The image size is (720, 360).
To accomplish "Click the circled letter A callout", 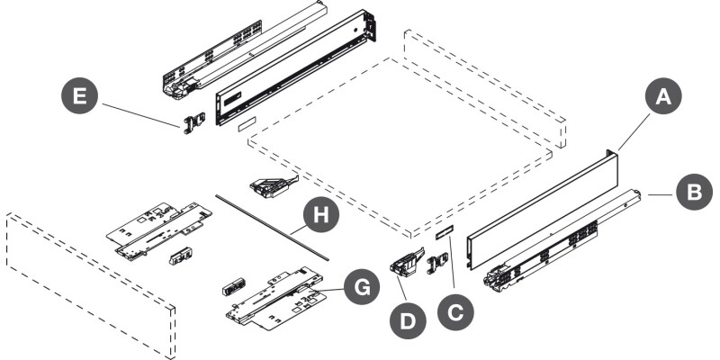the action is [663, 96].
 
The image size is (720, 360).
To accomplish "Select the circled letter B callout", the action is [694, 192].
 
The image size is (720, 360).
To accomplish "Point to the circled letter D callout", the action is [408, 321].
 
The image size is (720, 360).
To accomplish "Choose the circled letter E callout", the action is [79, 95].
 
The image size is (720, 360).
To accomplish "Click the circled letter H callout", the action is [321, 214].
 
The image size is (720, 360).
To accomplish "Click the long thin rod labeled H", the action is [273, 228].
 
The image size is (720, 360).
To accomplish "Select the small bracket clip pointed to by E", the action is [193, 123].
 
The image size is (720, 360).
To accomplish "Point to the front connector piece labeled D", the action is [407, 262].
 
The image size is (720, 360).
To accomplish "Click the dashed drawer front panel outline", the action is [91, 285].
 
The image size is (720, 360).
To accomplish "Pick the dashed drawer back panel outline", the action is [484, 88].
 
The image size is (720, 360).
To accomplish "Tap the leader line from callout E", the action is [141, 115].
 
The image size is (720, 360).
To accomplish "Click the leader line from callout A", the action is [634, 132].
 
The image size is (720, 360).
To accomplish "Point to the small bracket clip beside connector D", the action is [437, 263].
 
